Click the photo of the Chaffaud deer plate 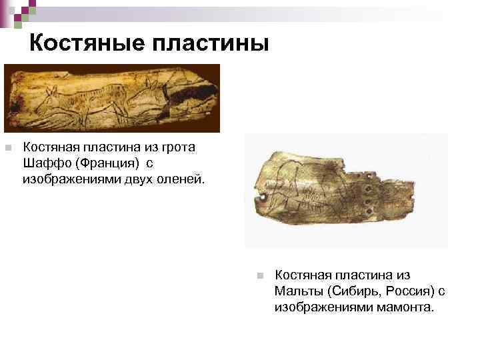tap(111, 98)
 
